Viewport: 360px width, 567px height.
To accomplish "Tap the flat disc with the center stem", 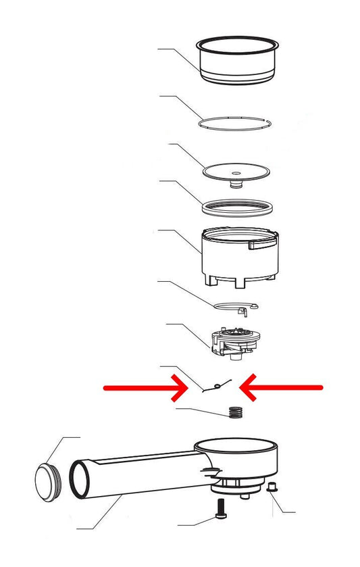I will (236, 170).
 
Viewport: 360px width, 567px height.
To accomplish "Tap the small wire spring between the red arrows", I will (217, 385).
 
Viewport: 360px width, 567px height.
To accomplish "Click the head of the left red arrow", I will (186, 387).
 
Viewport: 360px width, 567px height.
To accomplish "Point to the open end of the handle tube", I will (80, 478).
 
